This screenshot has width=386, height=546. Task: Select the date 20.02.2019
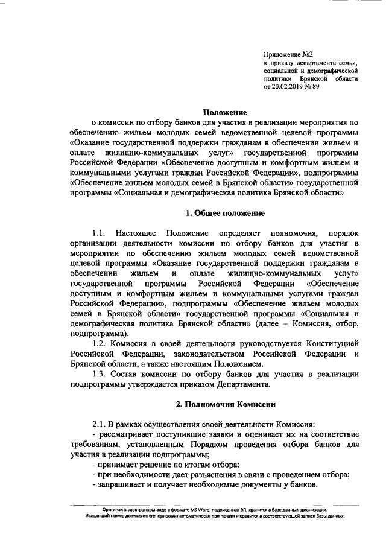point(291,86)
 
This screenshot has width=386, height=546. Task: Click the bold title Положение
point(223,112)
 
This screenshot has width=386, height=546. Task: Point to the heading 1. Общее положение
point(224,213)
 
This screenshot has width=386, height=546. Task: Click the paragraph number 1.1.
point(99,233)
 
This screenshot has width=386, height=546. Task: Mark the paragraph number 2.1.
point(99,424)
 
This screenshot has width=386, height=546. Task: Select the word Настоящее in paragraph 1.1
point(138,233)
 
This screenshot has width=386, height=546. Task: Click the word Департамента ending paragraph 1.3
point(242,385)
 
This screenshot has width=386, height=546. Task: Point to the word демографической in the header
point(335,71)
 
